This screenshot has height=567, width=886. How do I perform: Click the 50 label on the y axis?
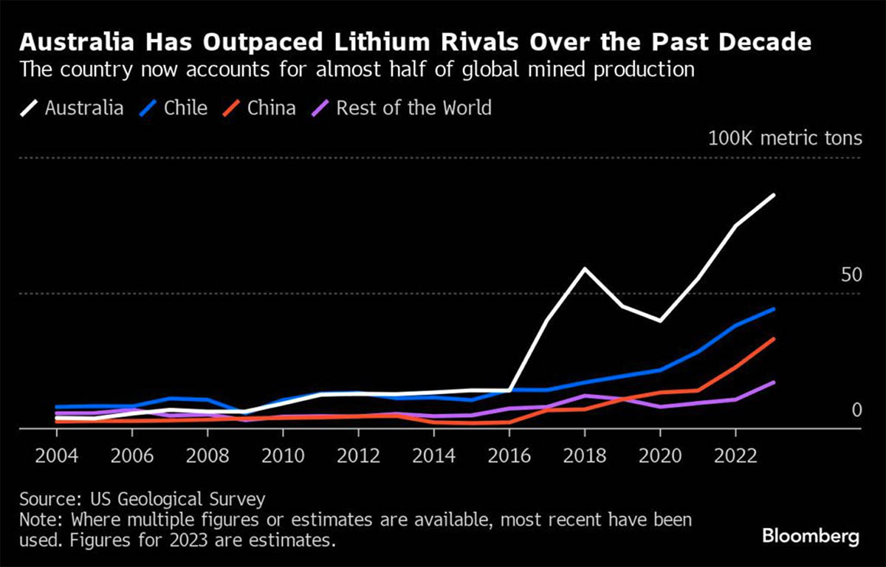click(851, 275)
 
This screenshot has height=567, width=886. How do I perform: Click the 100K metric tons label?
click(785, 138)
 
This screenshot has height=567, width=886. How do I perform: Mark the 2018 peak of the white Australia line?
click(585, 269)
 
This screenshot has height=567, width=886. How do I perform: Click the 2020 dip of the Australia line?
click(660, 320)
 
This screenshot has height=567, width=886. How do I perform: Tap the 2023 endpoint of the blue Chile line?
click(773, 309)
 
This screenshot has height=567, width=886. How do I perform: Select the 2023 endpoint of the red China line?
click(773, 339)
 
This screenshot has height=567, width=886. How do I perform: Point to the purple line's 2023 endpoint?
click(773, 382)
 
